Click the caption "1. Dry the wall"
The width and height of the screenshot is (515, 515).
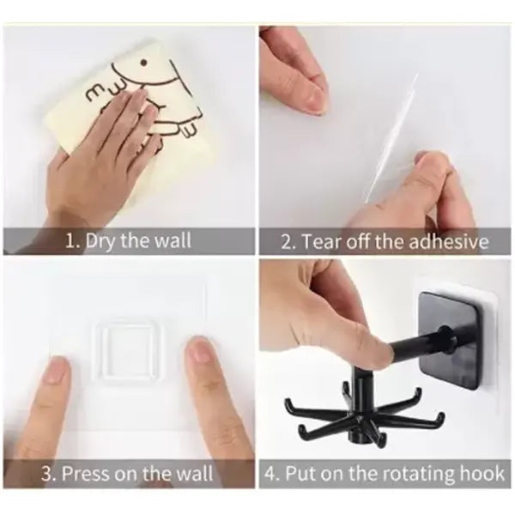pos(128,241)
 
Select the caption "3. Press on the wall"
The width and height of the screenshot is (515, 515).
pos(128,473)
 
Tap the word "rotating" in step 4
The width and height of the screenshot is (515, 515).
pos(415,473)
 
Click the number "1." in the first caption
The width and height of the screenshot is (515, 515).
pos(73,241)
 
